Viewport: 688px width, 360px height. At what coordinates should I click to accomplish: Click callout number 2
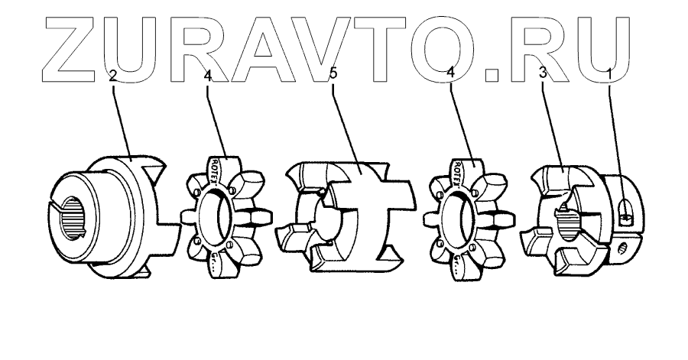click(x=112, y=76)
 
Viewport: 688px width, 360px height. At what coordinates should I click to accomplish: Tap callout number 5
click(x=333, y=76)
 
